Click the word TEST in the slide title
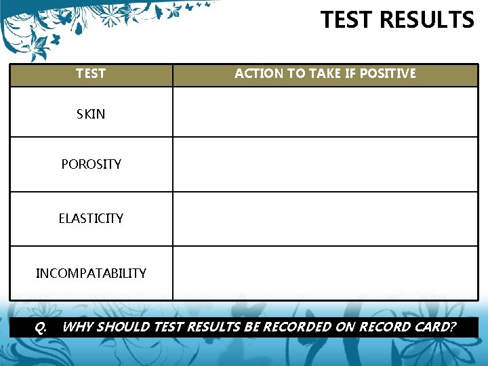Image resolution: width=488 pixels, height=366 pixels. click(x=348, y=20)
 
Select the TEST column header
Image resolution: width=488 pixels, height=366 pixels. click(x=91, y=73)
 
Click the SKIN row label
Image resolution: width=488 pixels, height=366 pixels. click(x=91, y=114)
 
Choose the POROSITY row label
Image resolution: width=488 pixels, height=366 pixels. click(x=91, y=164)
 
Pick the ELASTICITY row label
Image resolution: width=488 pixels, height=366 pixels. click(x=91, y=218)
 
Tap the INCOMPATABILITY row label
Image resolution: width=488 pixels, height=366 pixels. click(x=91, y=273)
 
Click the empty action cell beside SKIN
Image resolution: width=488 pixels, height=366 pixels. click(x=325, y=113)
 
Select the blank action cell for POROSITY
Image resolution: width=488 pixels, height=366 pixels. click(x=325, y=165)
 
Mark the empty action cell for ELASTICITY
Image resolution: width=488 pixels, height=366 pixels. click(x=325, y=219)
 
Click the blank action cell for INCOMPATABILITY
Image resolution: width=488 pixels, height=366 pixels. click(x=325, y=273)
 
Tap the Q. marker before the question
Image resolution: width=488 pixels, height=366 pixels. click(x=41, y=327)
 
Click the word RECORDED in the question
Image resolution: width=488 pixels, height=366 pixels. click(x=296, y=327)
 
